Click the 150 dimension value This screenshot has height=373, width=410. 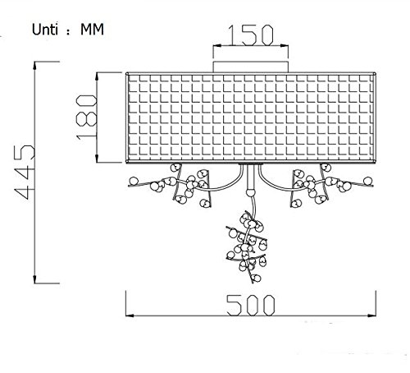click(x=251, y=35)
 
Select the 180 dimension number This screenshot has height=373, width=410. click(x=87, y=117)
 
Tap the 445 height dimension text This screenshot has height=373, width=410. click(x=25, y=172)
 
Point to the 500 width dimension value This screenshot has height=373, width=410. click(x=251, y=305)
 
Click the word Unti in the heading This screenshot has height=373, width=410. click(x=45, y=30)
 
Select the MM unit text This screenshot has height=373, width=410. click(x=92, y=30)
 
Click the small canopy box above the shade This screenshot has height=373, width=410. click(x=251, y=67)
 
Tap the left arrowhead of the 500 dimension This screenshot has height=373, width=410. click(x=130, y=315)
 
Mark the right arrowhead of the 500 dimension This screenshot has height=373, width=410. click(x=372, y=315)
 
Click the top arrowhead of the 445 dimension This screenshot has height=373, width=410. click(x=34, y=66)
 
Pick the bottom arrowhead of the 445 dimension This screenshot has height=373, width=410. click(x=34, y=279)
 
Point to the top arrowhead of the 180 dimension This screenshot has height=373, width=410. click(x=97, y=76)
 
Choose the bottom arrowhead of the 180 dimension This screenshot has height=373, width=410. click(x=97, y=159)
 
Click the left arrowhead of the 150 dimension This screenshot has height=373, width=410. click(x=217, y=45)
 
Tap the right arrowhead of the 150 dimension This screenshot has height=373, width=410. click(x=285, y=45)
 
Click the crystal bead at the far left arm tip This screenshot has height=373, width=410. click(x=134, y=181)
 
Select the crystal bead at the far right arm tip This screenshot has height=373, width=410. click(x=368, y=181)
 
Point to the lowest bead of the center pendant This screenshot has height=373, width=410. click(x=256, y=279)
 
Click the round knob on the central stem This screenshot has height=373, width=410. click(x=250, y=192)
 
